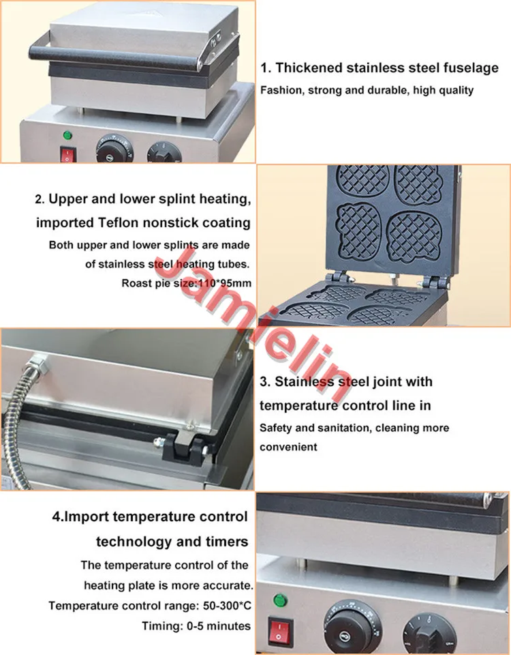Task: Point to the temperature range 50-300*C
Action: [x=227, y=605]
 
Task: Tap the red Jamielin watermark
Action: [x=255, y=323]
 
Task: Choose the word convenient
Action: [x=288, y=447]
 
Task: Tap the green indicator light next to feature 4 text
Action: [x=280, y=600]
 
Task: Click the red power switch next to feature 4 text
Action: [x=280, y=631]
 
